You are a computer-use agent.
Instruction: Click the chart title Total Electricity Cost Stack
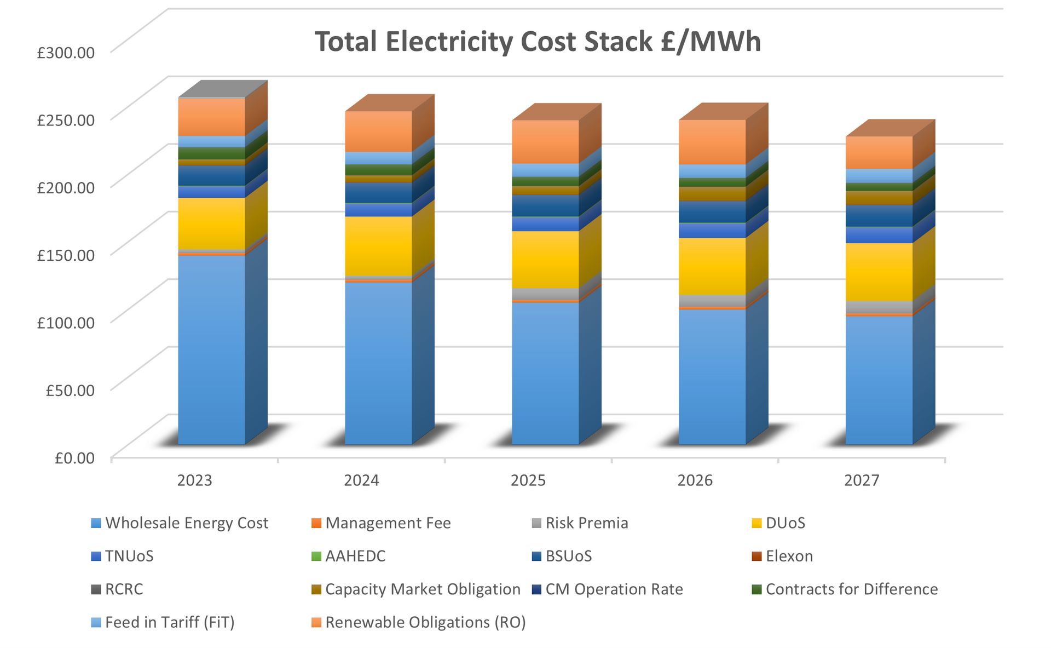click(538, 42)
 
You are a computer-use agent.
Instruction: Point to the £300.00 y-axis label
click(66, 53)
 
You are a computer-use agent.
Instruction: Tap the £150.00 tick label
click(66, 255)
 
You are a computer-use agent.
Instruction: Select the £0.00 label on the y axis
click(74, 458)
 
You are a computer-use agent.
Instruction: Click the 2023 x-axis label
click(194, 481)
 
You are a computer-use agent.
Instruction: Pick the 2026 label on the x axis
click(695, 481)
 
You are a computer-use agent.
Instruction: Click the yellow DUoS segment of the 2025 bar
click(545, 259)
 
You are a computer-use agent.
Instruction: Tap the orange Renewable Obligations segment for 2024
click(378, 131)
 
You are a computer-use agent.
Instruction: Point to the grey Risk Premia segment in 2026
click(712, 301)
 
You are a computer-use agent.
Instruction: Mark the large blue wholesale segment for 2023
click(211, 351)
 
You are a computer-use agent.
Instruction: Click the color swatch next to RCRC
click(96, 590)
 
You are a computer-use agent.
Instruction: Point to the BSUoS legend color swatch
click(536, 557)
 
